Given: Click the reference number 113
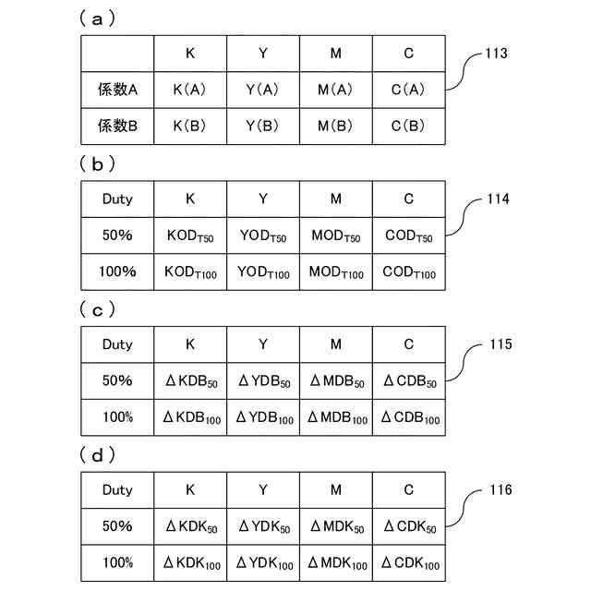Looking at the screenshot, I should click(x=496, y=54).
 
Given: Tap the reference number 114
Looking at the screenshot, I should click(x=496, y=199).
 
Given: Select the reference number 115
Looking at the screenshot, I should click(x=496, y=344).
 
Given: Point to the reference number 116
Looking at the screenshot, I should click(x=496, y=490).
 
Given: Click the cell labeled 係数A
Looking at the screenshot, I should click(x=117, y=90).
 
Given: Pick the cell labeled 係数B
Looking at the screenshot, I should click(x=117, y=126).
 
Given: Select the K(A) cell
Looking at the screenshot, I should click(x=190, y=90).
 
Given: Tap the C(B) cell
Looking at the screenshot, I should click(x=409, y=126).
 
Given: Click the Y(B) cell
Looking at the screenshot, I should click(x=263, y=126).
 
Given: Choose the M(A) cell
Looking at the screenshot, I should click(x=336, y=90).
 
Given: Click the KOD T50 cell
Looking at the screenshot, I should click(x=190, y=235).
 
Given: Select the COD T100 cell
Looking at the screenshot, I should click(x=409, y=272).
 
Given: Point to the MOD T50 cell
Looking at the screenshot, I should click(x=336, y=235).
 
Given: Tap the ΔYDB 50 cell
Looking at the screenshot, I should click(x=263, y=381).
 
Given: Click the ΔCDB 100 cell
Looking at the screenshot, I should click(x=409, y=417).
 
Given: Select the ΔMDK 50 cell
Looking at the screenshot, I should click(x=336, y=526).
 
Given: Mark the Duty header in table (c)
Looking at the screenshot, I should click(x=117, y=344).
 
